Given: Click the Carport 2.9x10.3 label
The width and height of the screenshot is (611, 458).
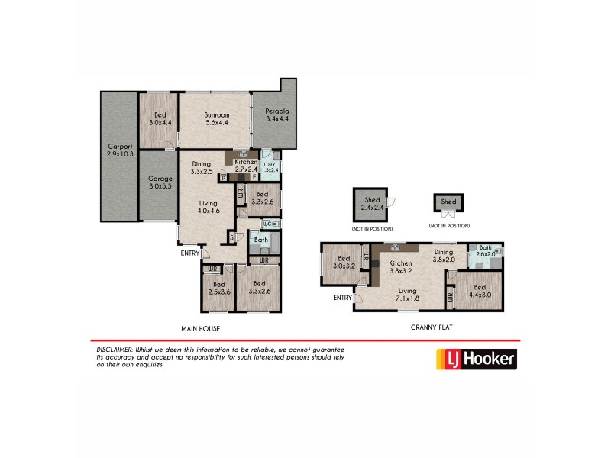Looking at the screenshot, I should click(x=119, y=150).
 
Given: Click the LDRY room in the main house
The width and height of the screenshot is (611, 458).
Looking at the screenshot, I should click(x=269, y=166).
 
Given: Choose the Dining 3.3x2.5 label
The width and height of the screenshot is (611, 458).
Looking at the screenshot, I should click(x=202, y=167).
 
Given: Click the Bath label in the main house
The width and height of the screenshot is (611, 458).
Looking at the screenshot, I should click(x=260, y=240).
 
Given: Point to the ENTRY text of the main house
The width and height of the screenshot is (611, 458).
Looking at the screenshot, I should click(x=189, y=253).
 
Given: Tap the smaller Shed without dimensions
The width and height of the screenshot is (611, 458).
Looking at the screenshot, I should click(x=448, y=202).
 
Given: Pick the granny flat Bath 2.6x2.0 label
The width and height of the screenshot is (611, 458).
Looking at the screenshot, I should click(x=487, y=251).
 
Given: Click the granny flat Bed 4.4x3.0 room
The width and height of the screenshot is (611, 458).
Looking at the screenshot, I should click(x=479, y=293).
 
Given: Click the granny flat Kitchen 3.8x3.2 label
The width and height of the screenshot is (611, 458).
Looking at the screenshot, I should click(x=401, y=266).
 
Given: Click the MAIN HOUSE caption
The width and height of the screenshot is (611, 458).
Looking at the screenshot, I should click(x=200, y=329).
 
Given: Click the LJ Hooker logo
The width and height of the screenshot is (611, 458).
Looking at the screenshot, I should click(x=475, y=358).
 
